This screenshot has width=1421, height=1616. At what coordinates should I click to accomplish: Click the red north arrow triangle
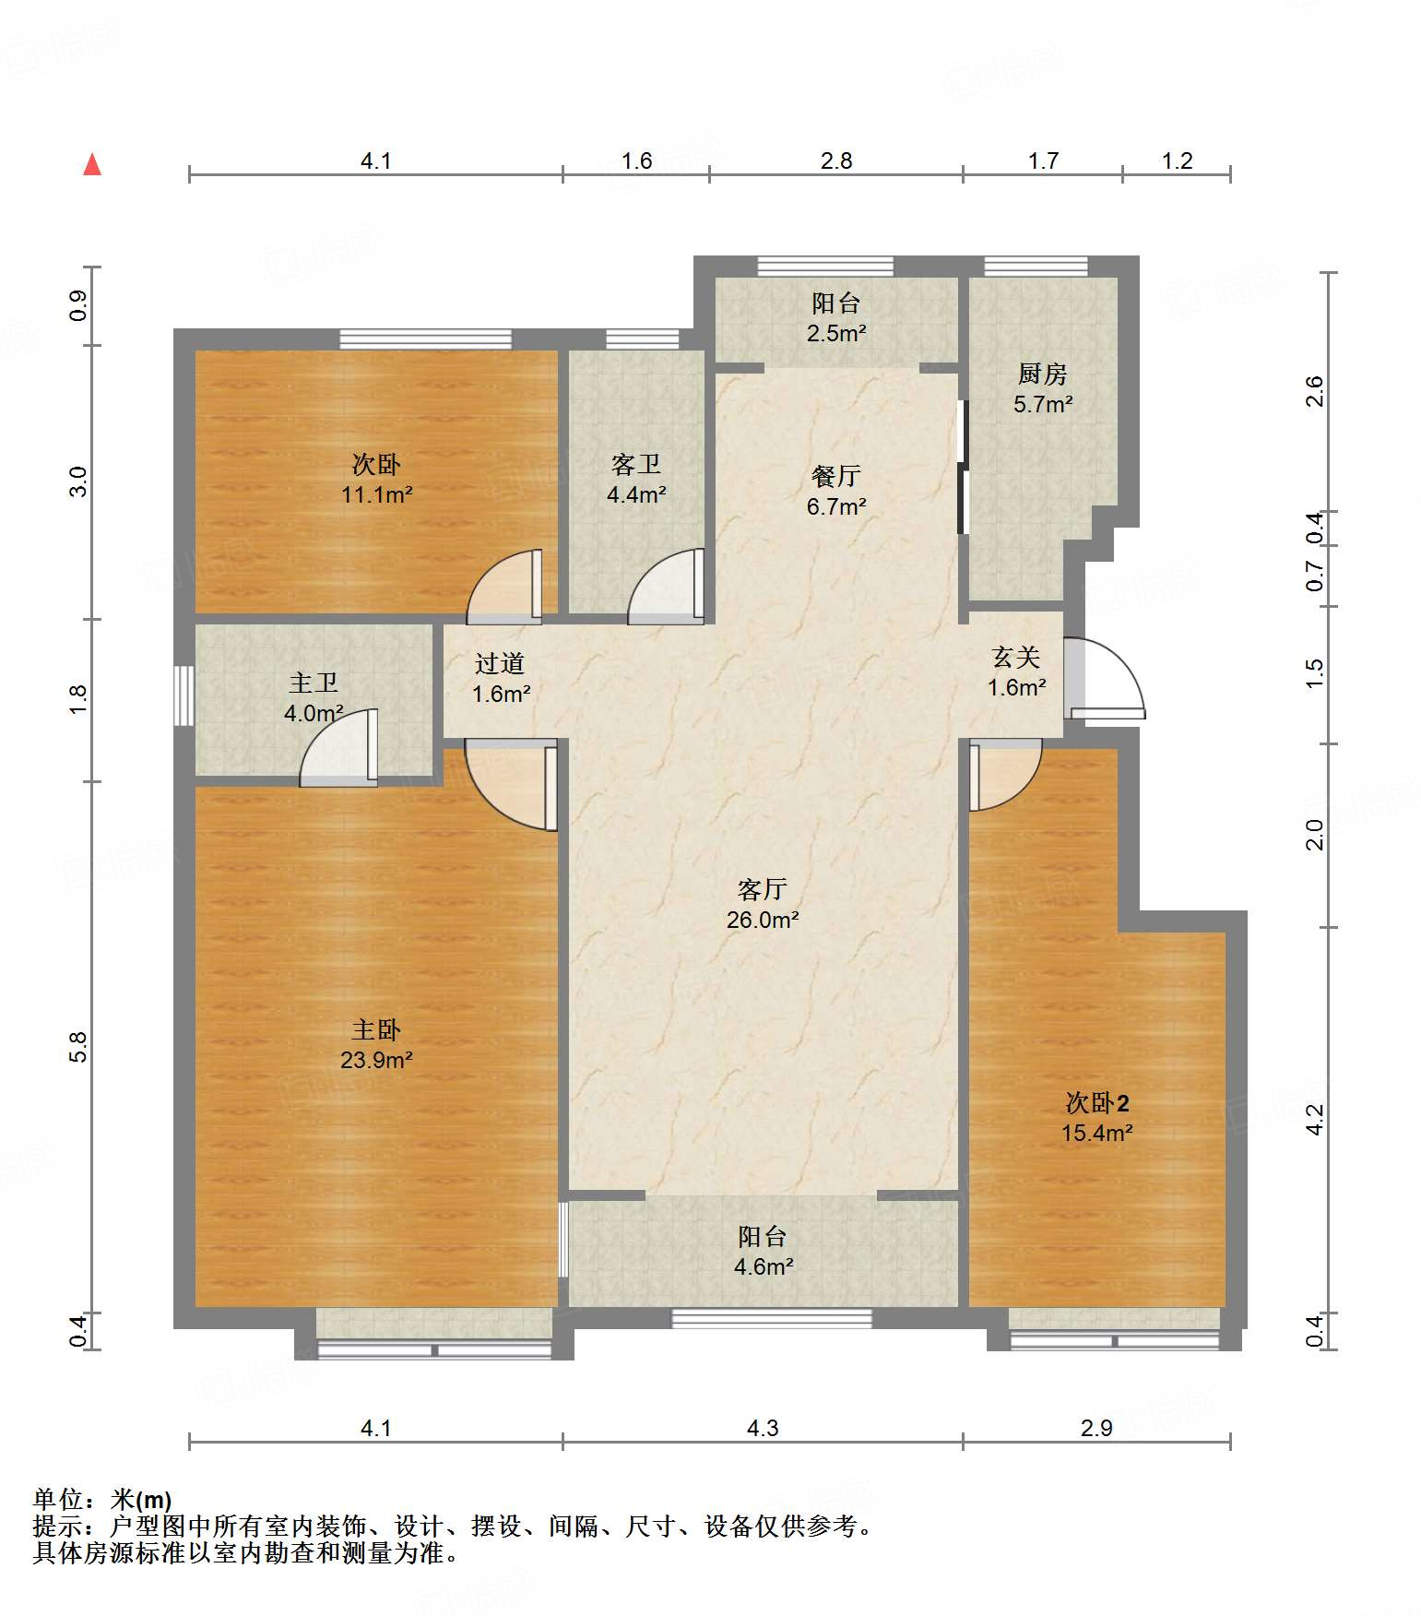click(x=92, y=164)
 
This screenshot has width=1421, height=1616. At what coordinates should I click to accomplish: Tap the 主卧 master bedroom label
click(x=376, y=1029)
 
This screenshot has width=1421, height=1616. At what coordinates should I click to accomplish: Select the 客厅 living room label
click(x=762, y=889)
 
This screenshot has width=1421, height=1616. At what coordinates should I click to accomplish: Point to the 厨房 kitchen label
click(x=1043, y=374)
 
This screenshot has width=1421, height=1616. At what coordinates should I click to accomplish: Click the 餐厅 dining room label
click(x=836, y=476)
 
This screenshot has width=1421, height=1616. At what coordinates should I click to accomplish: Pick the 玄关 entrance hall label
click(x=1016, y=657)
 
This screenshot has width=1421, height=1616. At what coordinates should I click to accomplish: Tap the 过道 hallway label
click(x=500, y=663)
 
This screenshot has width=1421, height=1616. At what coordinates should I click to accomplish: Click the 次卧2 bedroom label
click(x=1097, y=1102)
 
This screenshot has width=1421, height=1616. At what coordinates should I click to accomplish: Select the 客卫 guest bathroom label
click(x=636, y=464)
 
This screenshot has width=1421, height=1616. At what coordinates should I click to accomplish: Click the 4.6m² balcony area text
click(x=764, y=1266)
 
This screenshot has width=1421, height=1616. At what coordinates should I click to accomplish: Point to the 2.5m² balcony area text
click(x=836, y=333)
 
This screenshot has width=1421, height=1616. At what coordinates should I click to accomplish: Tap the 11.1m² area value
click(x=376, y=494)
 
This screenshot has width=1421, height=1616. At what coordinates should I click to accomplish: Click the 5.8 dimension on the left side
click(x=78, y=1047)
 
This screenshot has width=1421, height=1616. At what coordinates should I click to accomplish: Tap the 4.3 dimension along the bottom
click(x=763, y=1429)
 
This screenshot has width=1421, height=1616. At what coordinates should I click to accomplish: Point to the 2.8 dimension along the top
click(x=836, y=161)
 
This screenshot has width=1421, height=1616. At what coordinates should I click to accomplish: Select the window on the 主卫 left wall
click(x=184, y=695)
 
